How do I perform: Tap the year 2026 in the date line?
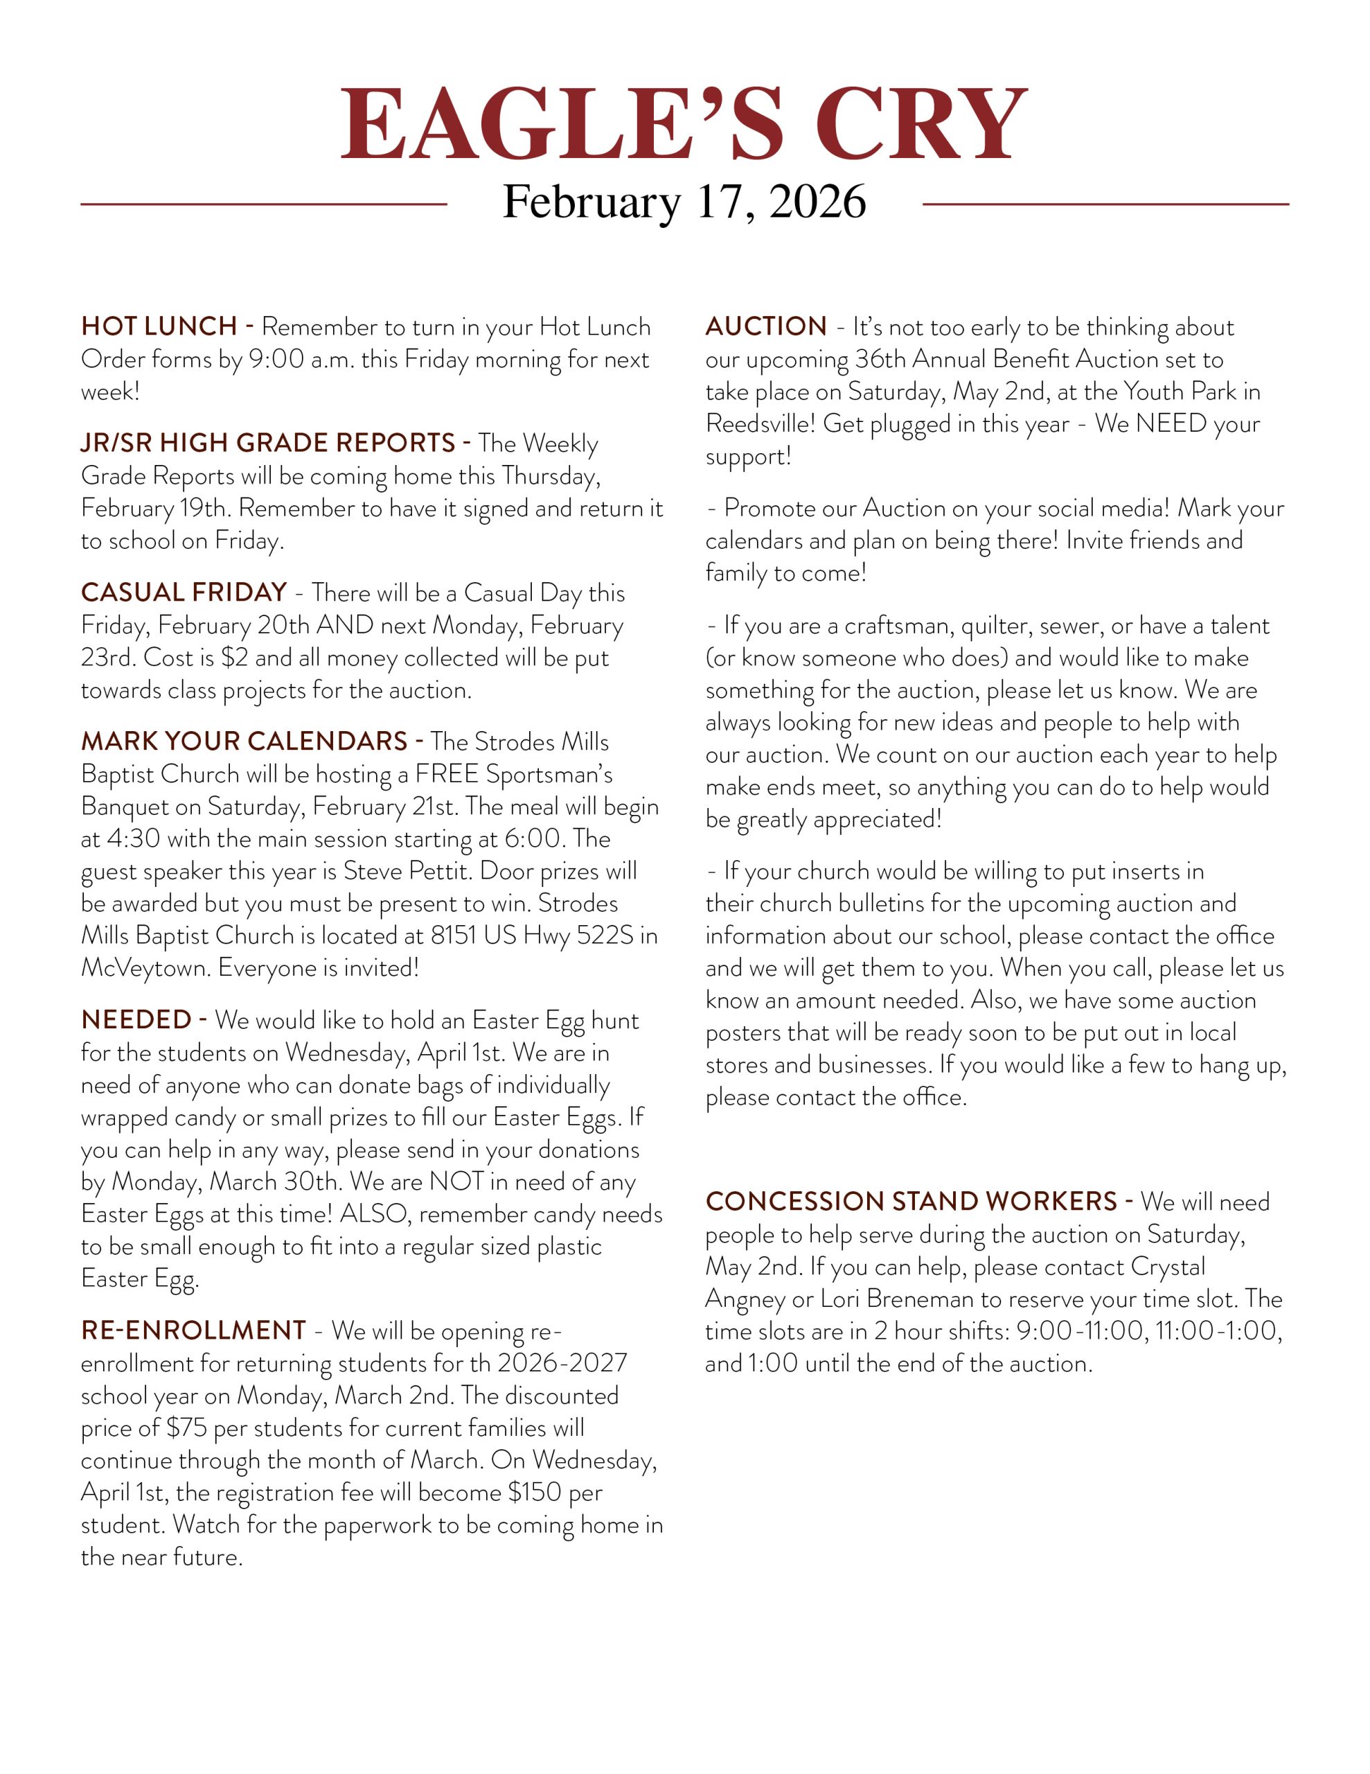tap(817, 202)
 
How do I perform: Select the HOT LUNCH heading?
tap(159, 326)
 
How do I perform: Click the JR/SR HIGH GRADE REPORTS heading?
tap(268, 443)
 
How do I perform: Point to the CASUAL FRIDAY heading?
tap(184, 592)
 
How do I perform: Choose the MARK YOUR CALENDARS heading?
tap(244, 741)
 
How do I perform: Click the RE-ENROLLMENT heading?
tap(193, 1330)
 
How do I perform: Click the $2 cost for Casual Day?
tap(234, 657)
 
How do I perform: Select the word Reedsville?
tap(758, 424)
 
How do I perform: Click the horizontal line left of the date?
tap(263, 204)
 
